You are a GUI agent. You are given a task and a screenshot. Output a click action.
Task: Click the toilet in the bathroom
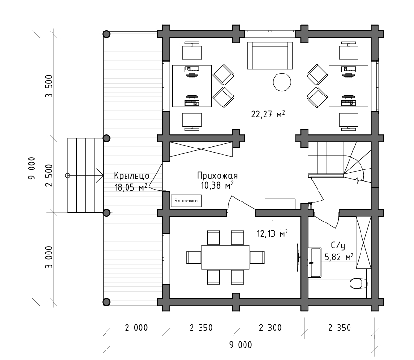click(358, 284)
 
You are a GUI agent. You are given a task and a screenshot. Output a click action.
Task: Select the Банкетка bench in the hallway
click(186, 201)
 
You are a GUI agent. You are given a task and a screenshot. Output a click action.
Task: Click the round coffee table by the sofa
click(282, 82)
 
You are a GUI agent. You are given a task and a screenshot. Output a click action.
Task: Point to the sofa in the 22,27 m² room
click(270, 55)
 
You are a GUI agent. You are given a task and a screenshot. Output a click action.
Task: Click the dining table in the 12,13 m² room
click(225, 257)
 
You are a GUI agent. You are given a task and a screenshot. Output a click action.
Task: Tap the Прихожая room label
click(217, 176)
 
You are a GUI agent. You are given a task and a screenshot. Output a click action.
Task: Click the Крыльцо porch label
click(131, 176)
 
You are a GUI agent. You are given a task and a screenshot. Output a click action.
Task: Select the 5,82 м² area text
click(339, 256)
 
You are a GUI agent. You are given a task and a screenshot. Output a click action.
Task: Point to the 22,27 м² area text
click(268, 114)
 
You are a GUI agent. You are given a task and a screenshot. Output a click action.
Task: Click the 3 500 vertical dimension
click(49, 86)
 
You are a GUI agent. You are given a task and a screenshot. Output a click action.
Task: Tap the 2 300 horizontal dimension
click(270, 328)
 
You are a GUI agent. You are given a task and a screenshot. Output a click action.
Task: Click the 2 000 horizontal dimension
click(136, 328)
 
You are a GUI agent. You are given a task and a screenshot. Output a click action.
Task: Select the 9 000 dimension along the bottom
click(240, 345)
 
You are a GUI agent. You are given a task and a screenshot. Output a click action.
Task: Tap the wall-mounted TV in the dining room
click(297, 257)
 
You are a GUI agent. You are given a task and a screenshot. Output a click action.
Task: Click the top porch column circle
click(106, 34)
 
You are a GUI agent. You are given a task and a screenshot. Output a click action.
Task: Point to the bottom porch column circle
click(106, 302)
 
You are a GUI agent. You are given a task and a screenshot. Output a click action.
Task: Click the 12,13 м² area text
click(272, 233)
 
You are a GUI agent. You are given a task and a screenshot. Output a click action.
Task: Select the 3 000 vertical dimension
click(49, 257)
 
